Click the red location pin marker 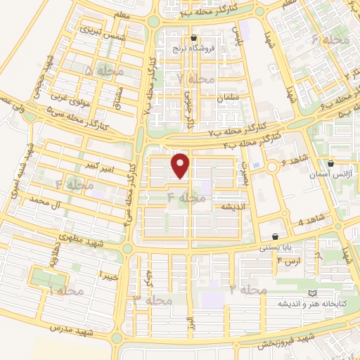coord(181,165)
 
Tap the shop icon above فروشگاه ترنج coord(193,38)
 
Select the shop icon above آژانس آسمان coord(330,163)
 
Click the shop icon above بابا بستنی coord(274,237)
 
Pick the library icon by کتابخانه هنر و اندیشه coord(312,293)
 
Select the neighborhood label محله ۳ coord(153,300)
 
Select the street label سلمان coord(229,98)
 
